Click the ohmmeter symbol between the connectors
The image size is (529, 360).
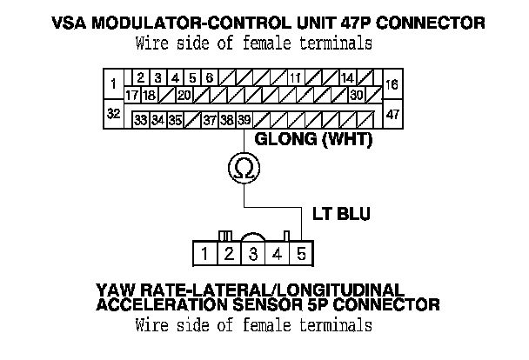(243, 168)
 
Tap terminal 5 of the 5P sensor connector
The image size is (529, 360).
(300, 255)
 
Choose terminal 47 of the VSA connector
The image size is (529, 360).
(392, 115)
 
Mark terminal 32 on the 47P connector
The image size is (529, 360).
(113, 115)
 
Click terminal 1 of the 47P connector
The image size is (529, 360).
(113, 84)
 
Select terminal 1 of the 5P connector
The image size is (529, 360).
(203, 255)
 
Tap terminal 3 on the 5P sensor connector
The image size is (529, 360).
(252, 255)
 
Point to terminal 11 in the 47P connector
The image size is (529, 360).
(295, 77)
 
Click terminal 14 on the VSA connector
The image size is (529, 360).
(346, 77)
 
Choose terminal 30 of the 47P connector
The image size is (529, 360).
(356, 94)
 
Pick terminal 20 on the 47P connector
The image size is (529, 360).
(184, 94)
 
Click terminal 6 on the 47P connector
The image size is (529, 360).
(209, 77)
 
